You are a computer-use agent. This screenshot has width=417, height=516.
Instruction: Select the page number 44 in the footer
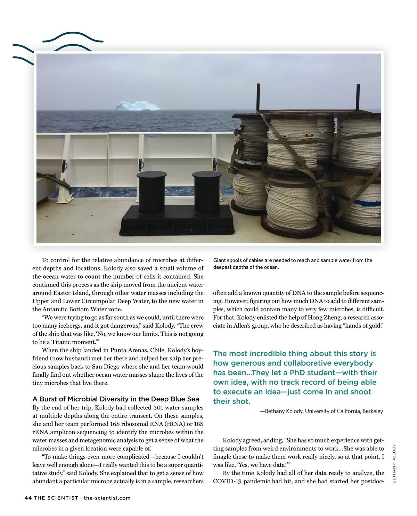(x=28, y=498)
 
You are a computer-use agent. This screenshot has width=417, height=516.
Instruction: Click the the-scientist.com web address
(x=107, y=498)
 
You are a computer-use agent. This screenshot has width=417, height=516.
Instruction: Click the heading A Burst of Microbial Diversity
(x=116, y=399)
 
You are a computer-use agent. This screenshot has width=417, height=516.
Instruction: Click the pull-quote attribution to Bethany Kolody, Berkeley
(x=321, y=411)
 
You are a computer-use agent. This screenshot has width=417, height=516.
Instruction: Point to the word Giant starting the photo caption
(x=220, y=260)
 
